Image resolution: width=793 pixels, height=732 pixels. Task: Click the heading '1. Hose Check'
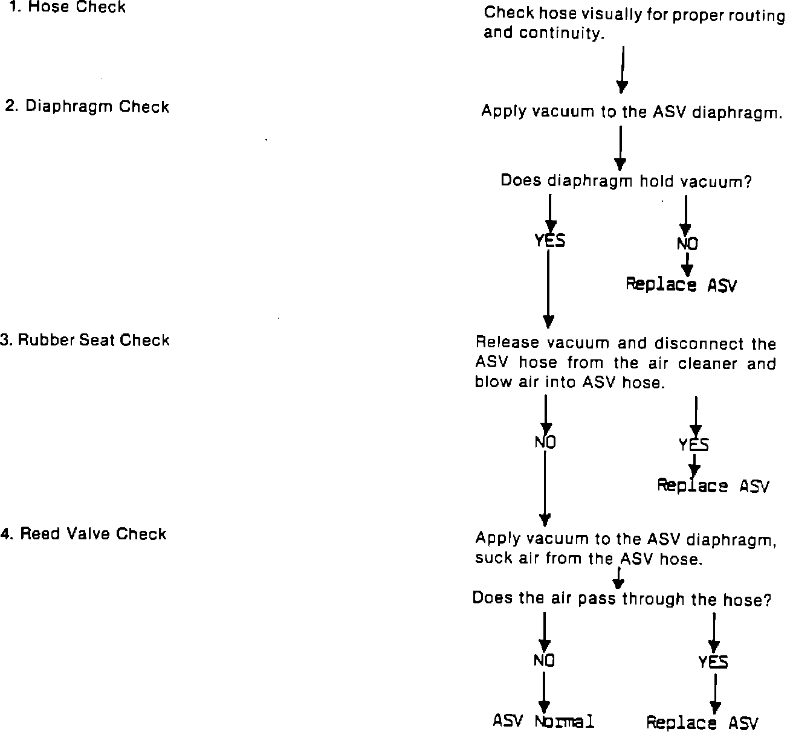[x=68, y=8]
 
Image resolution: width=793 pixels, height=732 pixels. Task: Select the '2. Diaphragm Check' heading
[x=87, y=107]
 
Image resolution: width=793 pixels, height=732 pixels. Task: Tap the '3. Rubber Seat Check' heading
[x=85, y=340]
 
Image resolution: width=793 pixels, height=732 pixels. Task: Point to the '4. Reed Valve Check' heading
[x=84, y=534]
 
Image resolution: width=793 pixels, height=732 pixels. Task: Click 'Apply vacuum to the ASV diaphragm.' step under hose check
[x=631, y=112]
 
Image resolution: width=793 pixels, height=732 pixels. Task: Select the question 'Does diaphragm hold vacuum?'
[x=626, y=181]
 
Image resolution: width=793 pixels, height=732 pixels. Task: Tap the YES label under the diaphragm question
[x=549, y=240]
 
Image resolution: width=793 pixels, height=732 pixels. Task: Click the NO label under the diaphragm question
[x=687, y=243]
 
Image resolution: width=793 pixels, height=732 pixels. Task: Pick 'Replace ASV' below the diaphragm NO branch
[x=681, y=284]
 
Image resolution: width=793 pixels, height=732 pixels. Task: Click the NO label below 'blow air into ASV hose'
[x=545, y=443]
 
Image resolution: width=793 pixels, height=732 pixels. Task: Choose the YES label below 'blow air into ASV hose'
[x=694, y=445]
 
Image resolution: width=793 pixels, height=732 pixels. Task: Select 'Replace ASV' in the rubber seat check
[x=713, y=486]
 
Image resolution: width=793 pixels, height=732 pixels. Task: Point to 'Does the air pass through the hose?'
[x=621, y=599]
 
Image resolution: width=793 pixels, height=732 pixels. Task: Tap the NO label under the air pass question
[x=544, y=661]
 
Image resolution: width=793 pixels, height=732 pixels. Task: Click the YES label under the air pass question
[x=713, y=663]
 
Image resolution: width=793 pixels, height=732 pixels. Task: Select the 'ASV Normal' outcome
[x=543, y=721]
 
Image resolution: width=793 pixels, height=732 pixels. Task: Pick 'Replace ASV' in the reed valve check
[x=702, y=722]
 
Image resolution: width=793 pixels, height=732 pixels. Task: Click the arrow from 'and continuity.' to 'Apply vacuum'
[x=622, y=69]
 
